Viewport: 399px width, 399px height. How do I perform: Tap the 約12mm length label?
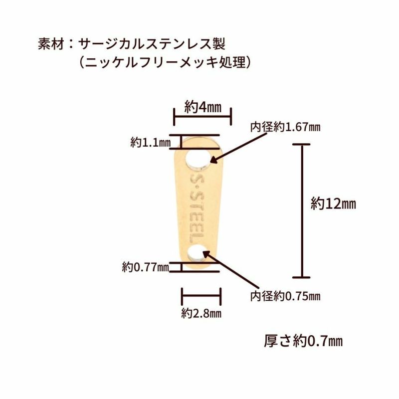point(333,203)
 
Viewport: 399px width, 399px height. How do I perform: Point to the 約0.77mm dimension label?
point(145,267)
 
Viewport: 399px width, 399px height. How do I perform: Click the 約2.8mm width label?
point(201,314)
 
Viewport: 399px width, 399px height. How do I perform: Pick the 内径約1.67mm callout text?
point(285,127)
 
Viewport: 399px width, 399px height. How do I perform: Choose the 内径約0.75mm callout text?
point(285,296)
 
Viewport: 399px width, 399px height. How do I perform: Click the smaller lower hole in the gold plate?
point(198,253)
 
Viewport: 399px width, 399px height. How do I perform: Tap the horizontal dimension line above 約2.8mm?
point(201,296)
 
